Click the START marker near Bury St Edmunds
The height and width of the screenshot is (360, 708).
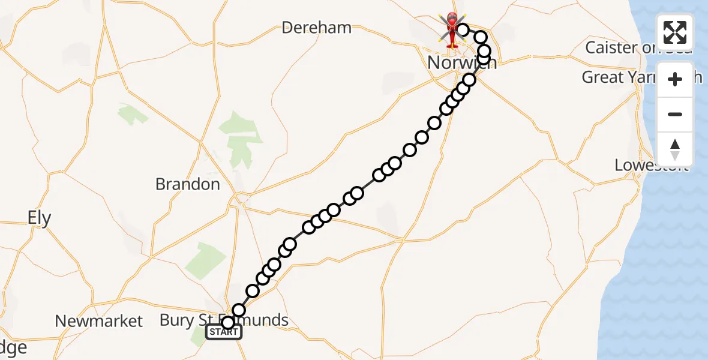coord(223,332)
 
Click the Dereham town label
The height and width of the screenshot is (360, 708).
coord(316,28)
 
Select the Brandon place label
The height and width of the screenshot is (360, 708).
coord(188,184)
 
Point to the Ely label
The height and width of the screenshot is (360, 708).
coord(40,218)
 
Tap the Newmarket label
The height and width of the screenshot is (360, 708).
coord(99,322)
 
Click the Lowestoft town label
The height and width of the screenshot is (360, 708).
coord(651,165)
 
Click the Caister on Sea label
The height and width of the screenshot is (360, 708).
coord(638,48)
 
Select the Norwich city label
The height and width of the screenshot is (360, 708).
coord(461,62)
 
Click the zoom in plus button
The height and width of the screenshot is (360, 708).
coord(675,79)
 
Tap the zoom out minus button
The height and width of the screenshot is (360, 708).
coord(675,114)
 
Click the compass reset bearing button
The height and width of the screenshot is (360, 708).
coord(675,149)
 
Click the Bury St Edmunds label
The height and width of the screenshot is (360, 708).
coord(224,320)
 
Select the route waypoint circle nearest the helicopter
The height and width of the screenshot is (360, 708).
coord(463,30)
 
